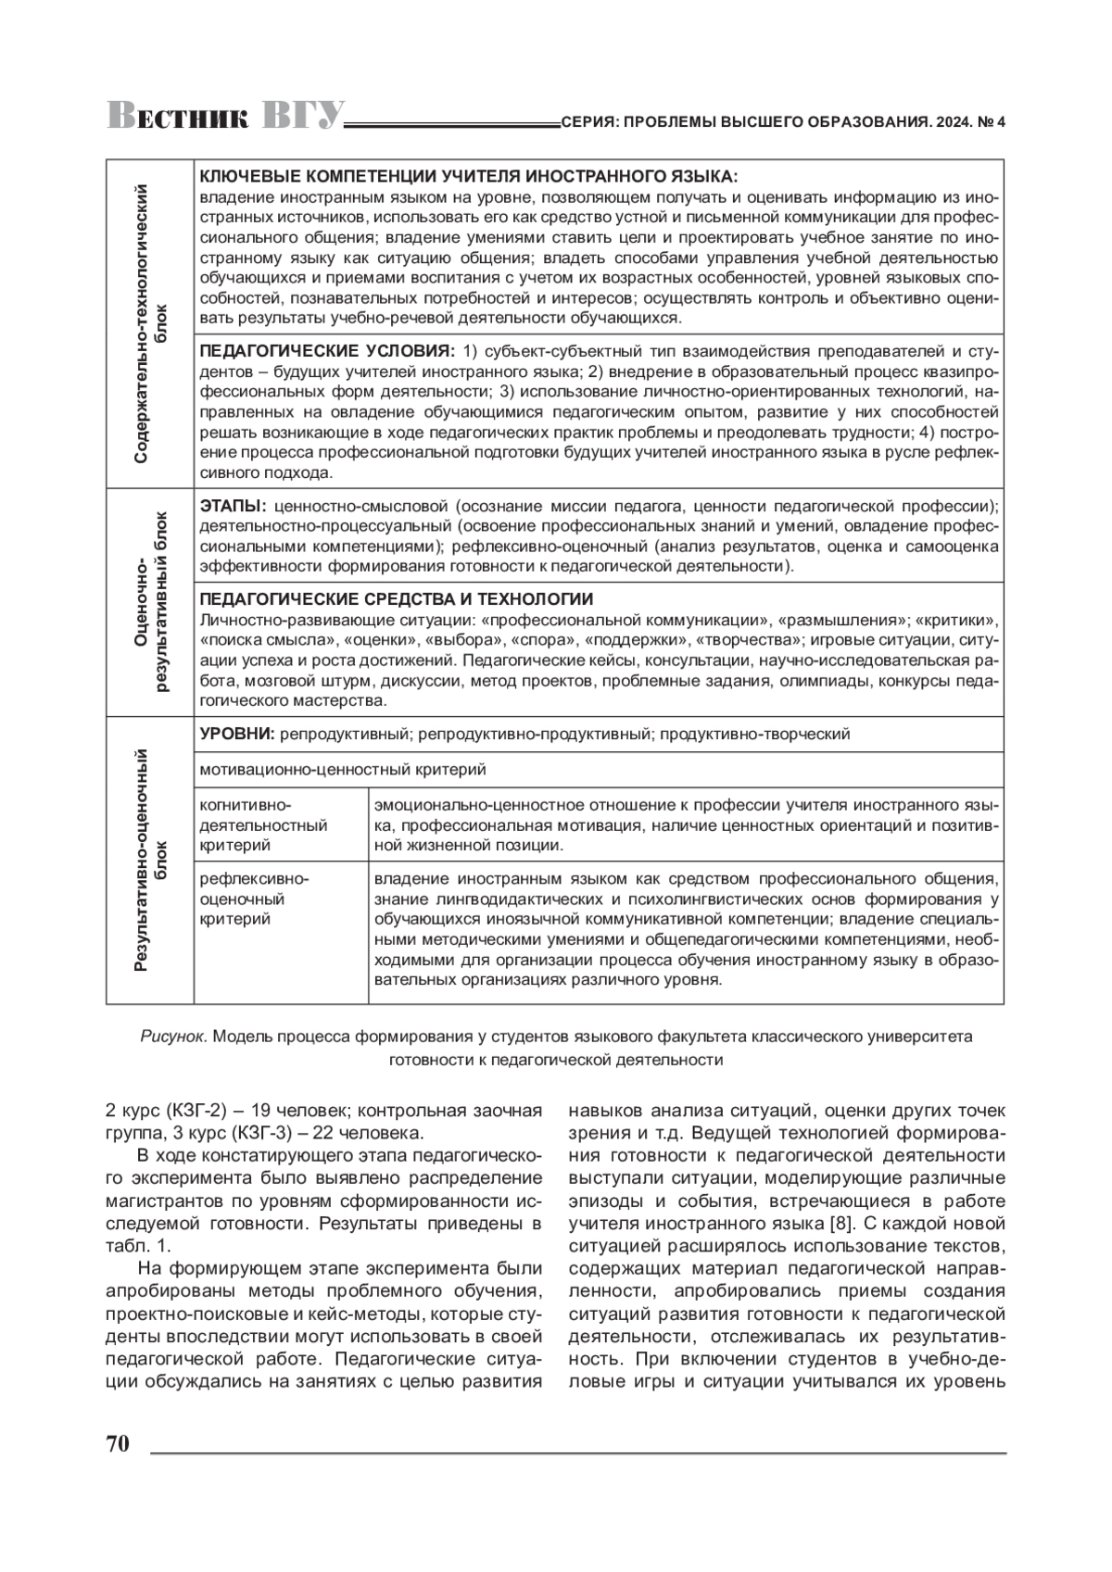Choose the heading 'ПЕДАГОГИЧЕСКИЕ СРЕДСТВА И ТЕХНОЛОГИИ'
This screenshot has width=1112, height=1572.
pyautogui.click(x=397, y=599)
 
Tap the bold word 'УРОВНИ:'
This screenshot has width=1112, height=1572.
pyautogui.click(x=237, y=734)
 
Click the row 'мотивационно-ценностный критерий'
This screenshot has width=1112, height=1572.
pyautogui.click(x=343, y=769)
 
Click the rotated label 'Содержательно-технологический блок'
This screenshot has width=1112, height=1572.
pyautogui.click(x=150, y=323)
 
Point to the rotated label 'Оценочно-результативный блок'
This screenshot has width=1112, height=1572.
pyautogui.click(x=150, y=602)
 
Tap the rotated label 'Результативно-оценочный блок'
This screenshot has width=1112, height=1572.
pyautogui.click(x=150, y=860)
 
